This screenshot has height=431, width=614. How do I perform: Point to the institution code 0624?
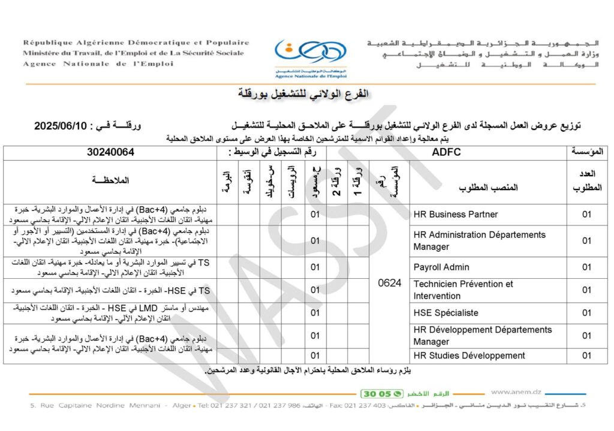pyautogui.click(x=390, y=283)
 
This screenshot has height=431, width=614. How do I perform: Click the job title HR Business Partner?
pyautogui.click(x=456, y=215)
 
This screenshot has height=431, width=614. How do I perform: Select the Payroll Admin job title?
pyautogui.click(x=441, y=267)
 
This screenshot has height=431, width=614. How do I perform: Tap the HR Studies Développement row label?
pyautogui.click(x=469, y=355)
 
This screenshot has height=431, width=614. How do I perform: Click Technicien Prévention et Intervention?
pyautogui.click(x=463, y=290)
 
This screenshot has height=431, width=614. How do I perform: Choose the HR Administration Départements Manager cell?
pyautogui.click(x=479, y=240)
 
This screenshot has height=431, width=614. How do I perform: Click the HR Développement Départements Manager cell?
pyautogui.click(x=482, y=335)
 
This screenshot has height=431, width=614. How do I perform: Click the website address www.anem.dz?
pyautogui.click(x=516, y=392)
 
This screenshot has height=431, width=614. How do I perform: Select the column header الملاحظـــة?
pyautogui.click(x=110, y=180)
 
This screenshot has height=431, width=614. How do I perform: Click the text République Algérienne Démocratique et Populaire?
pyautogui.click(x=136, y=43)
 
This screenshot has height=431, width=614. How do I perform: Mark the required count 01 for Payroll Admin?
pyautogui.click(x=587, y=267)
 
